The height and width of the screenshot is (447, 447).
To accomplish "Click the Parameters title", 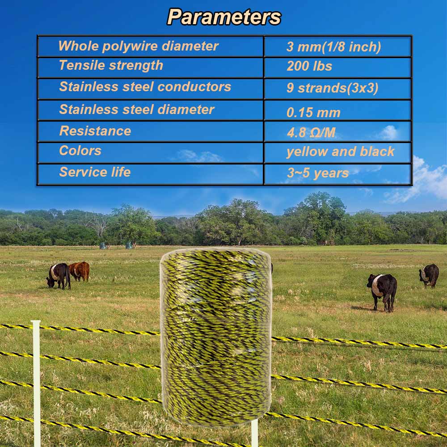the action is tap(224, 17).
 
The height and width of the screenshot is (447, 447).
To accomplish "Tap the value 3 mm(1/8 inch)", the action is tap(334, 47).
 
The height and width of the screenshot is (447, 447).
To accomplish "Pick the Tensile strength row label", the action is tap(111, 65).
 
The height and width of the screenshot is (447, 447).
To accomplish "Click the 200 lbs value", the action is tap(310, 66).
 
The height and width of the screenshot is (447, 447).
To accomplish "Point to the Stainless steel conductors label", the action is tap(145, 87).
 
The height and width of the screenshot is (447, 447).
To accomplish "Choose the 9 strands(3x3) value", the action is tap(333, 88).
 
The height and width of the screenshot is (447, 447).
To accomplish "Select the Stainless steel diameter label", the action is tap(137, 110).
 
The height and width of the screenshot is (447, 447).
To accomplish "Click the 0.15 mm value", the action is tap(314, 113).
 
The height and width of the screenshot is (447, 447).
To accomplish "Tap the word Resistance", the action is tap(95, 131).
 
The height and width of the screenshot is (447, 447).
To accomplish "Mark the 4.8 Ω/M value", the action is tap(311, 133).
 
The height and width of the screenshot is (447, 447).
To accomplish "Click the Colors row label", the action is tap(80, 151).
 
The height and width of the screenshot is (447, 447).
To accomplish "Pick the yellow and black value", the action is tap(341, 152).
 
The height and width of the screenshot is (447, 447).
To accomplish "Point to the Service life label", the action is tap(95, 172).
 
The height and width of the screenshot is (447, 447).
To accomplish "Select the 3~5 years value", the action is tap(318, 173).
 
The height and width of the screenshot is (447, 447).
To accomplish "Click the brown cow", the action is tap(80, 271).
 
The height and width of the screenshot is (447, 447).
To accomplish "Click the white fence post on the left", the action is tap(37, 384).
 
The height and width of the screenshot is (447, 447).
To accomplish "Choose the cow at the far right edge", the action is tap(429, 275).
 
